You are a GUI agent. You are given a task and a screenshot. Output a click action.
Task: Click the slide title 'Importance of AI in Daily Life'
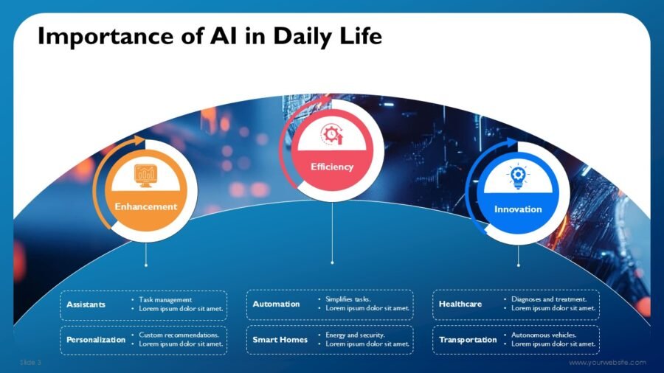(210, 35)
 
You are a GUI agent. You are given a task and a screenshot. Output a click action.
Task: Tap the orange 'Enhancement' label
(146, 206)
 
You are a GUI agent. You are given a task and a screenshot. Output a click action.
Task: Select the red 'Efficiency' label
(332, 167)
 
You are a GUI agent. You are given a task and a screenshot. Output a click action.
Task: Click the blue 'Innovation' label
(518, 209)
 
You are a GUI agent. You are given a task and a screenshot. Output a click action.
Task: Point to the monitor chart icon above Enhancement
(145, 175)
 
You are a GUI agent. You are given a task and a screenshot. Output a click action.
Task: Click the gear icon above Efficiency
(331, 134)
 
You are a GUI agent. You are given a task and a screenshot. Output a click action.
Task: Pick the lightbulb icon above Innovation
(518, 177)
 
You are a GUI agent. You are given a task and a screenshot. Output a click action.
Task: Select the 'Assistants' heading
(86, 304)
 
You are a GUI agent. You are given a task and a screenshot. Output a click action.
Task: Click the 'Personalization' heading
(96, 340)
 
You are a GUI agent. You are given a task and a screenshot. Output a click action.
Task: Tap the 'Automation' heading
(276, 304)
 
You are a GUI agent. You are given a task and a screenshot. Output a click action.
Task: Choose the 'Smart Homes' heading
(280, 340)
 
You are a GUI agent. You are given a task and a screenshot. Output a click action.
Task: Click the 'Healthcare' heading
(460, 304)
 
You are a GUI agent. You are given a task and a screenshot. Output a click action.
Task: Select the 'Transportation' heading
(468, 340)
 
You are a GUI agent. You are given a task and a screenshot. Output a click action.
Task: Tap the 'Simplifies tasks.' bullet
(348, 300)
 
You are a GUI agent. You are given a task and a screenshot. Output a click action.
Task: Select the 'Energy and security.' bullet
(356, 335)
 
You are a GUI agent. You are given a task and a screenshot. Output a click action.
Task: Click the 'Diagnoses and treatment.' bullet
(550, 300)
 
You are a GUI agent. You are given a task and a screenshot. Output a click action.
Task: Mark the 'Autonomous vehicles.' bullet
(544, 335)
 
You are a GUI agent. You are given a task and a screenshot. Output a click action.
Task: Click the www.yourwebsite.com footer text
(607, 363)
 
